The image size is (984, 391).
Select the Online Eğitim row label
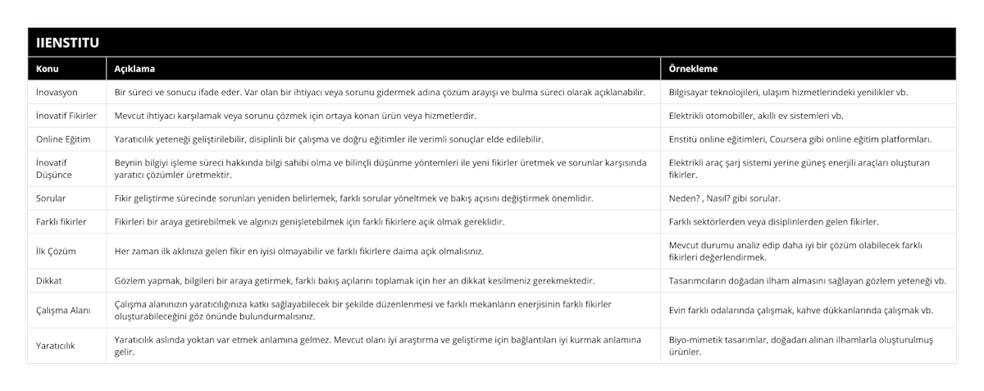pyautogui.click(x=63, y=139)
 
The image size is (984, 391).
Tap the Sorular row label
pyautogui.click(x=52, y=198)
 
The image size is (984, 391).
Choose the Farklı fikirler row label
pyautogui.click(x=61, y=221)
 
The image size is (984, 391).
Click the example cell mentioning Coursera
pyautogui.click(x=806, y=139)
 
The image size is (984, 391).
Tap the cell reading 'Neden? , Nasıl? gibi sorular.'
pyautogui.click(x=725, y=198)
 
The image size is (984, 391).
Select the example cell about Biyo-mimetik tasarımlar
pyautogui.click(x=808, y=346)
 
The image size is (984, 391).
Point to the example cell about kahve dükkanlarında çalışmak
pyautogui.click(x=801, y=310)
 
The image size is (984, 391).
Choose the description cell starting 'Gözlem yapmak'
pyautogui.click(x=354, y=280)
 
